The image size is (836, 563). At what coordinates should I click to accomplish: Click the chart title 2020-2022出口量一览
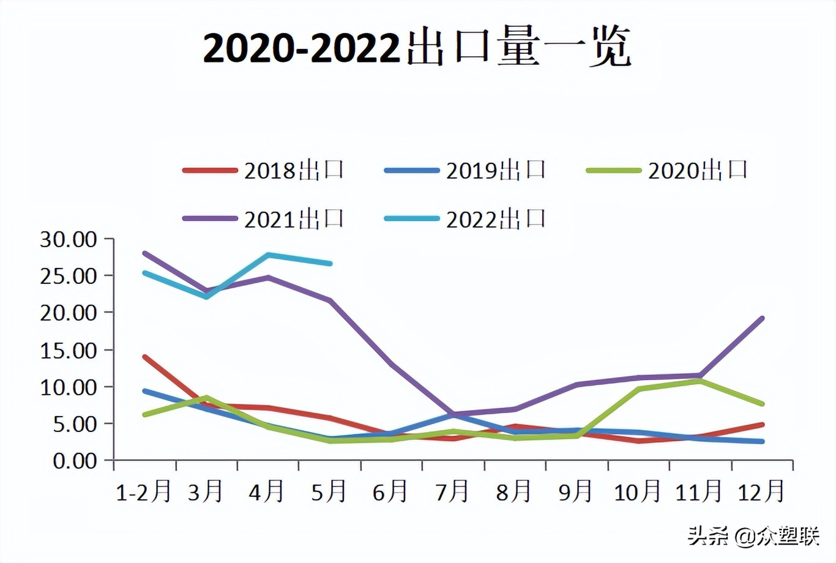417,48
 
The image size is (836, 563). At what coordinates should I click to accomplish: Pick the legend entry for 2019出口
466,170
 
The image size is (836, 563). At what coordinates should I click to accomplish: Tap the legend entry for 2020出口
668,170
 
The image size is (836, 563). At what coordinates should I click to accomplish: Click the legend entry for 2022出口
466,219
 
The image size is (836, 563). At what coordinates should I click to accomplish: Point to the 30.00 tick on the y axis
69,239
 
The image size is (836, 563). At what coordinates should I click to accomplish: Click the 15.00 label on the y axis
69,350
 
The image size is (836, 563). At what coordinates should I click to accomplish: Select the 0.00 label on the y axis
75,461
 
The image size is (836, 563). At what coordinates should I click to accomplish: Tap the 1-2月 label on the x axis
144,491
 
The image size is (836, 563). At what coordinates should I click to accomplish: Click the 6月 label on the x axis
390,491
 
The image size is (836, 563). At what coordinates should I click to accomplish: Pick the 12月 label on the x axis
761,491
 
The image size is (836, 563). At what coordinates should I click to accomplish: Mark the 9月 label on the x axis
575,491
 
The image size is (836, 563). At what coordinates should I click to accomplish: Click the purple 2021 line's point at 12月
762,318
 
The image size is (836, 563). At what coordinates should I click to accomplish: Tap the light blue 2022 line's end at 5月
330,264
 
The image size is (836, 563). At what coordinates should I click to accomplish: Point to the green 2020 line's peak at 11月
700,381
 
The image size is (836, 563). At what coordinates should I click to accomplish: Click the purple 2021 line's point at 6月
391,364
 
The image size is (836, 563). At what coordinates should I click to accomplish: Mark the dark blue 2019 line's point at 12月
762,441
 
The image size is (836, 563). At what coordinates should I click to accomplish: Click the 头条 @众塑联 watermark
753,537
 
